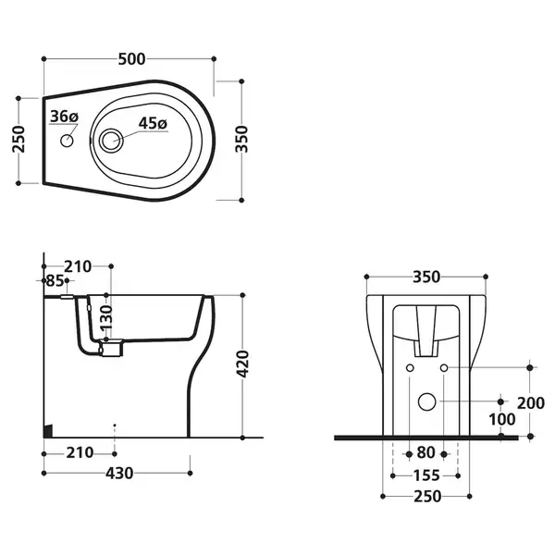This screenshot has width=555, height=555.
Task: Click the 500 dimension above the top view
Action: click(x=131, y=59)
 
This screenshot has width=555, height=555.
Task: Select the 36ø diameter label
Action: click(x=64, y=117)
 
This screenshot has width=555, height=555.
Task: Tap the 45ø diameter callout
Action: click(x=153, y=123)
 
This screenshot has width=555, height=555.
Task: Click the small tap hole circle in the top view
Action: click(x=67, y=141)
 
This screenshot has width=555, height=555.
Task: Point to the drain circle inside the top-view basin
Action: click(x=111, y=141)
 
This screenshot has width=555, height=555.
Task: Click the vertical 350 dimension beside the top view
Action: click(x=242, y=139)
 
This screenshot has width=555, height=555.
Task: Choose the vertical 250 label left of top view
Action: click(x=18, y=139)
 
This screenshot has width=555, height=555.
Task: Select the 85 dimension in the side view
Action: click(x=55, y=280)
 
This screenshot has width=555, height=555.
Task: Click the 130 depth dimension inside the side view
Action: click(x=106, y=318)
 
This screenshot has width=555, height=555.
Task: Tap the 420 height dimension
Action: click(x=242, y=364)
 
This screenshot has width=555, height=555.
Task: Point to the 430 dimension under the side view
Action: click(x=119, y=474)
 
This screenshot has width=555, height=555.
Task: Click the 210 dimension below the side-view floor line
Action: click(x=80, y=452)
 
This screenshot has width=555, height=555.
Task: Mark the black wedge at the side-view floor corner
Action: click(x=48, y=431)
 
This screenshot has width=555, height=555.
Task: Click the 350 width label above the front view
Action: click(x=426, y=277)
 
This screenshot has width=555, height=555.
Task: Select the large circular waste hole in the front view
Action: click(x=426, y=401)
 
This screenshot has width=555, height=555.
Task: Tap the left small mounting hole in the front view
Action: click(x=410, y=368)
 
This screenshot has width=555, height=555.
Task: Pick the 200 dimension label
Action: click(x=531, y=403)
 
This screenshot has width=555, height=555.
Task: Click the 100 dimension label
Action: click(x=502, y=420)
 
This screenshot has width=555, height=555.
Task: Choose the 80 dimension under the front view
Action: click(x=426, y=452)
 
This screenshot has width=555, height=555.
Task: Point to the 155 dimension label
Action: click(x=426, y=475)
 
